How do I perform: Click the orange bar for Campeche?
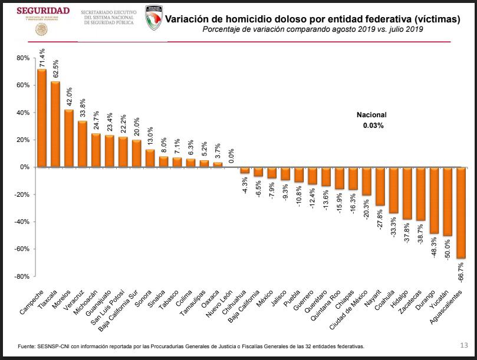coord(42,118)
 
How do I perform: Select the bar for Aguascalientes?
coord(461,213)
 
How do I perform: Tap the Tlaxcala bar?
coord(55,124)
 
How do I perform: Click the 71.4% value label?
coord(42,58)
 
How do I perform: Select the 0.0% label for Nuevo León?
coord(232,156)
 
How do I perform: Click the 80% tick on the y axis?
coord(22,58)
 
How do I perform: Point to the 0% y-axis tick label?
coord(24,167)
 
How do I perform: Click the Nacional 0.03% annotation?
coord(373,120)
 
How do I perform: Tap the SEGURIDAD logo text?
coord(43,11)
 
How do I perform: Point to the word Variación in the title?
coord(188,19)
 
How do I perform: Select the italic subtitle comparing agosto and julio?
coord(312,29)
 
